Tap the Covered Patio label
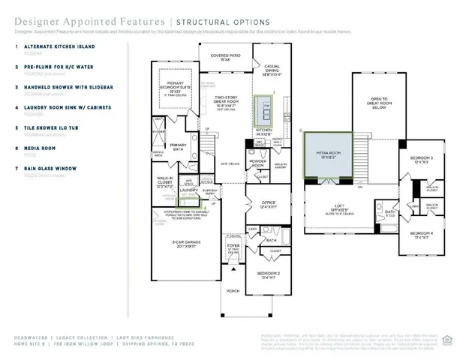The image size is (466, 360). tap(224, 57)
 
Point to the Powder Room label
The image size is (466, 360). tap(257, 163)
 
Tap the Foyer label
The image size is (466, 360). tap(233, 245)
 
